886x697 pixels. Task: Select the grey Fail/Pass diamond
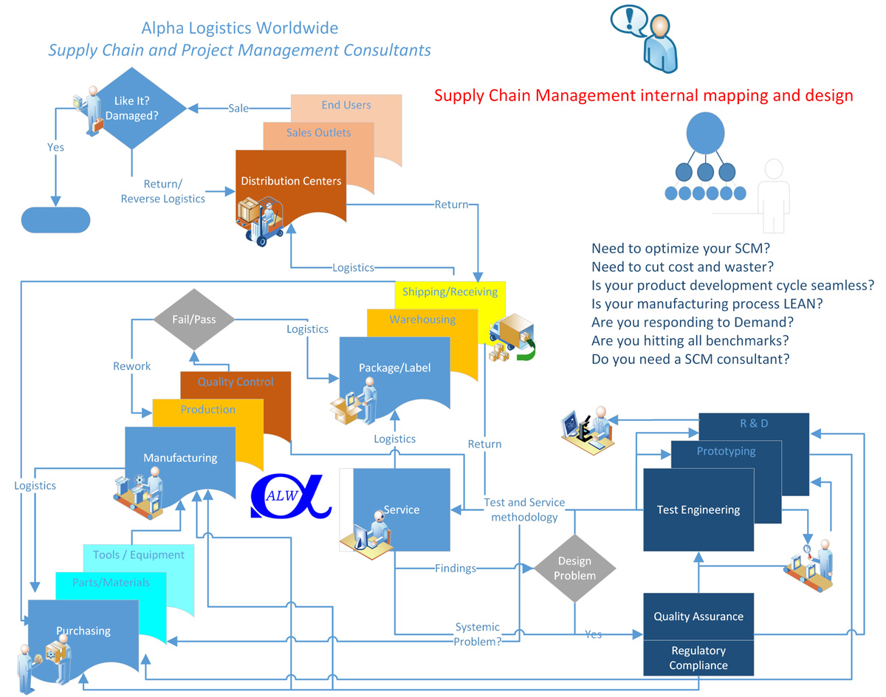tap(194, 320)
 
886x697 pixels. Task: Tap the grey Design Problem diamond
tap(574, 567)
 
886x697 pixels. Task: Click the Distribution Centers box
tap(291, 181)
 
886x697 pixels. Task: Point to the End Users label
tap(346, 105)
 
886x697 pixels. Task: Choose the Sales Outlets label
tap(318, 133)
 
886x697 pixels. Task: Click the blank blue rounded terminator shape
tap(56, 220)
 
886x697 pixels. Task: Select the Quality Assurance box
tap(698, 617)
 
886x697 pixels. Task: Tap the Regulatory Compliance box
tap(698, 658)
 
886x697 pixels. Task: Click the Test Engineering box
tap(698, 509)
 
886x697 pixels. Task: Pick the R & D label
tap(754, 424)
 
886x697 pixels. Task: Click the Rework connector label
tap(132, 366)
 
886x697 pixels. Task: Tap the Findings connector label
tap(456, 569)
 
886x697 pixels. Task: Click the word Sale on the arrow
tap(238, 109)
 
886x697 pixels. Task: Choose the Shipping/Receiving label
tap(450, 292)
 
